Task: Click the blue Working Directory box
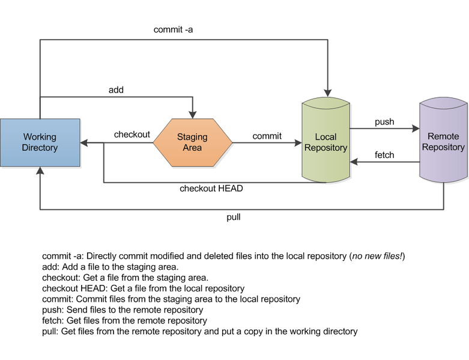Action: point(40,142)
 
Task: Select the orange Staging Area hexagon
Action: point(192,142)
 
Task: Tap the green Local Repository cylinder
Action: point(326,142)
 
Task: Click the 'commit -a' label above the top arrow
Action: point(173,29)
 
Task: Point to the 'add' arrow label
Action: point(116,90)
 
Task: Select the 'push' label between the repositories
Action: point(384,122)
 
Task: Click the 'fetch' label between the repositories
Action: point(384,155)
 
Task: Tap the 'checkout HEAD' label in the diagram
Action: point(211,188)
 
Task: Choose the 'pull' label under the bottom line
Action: point(234,217)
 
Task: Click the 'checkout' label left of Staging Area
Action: point(132,135)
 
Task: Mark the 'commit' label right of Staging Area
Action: point(267,136)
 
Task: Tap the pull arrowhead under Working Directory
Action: point(40,171)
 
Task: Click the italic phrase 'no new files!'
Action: point(378,256)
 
